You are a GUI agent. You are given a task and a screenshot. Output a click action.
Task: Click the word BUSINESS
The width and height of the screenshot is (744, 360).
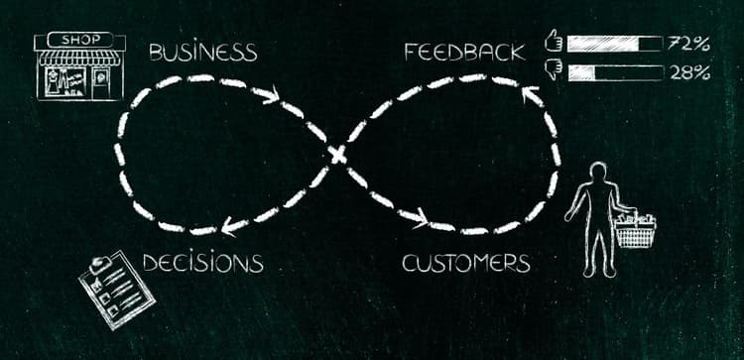[202, 52]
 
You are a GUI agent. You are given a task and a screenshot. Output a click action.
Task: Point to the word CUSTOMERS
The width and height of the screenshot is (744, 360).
[465, 263]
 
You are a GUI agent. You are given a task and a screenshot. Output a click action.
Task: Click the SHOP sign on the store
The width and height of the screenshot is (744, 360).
[79, 40]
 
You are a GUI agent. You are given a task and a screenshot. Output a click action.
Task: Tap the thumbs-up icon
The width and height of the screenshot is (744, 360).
[554, 43]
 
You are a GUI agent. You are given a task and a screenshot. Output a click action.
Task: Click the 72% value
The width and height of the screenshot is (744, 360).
[688, 44]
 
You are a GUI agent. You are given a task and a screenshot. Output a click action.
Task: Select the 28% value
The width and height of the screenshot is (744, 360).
[688, 72]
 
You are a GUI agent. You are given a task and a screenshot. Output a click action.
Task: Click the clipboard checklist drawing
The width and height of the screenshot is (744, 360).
[117, 289]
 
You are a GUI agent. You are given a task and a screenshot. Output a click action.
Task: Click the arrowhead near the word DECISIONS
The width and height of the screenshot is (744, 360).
[231, 226]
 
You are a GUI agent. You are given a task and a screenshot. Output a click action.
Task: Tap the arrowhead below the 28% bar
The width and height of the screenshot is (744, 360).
[530, 96]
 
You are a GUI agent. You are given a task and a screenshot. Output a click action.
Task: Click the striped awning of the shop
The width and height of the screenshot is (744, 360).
[79, 58]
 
